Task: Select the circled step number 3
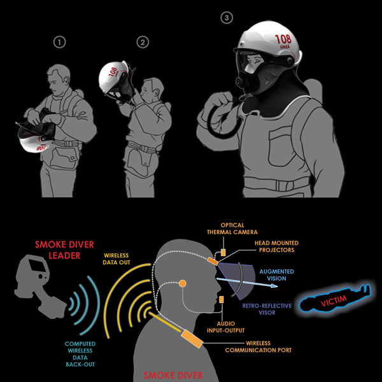227,18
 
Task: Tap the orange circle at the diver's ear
183,282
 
